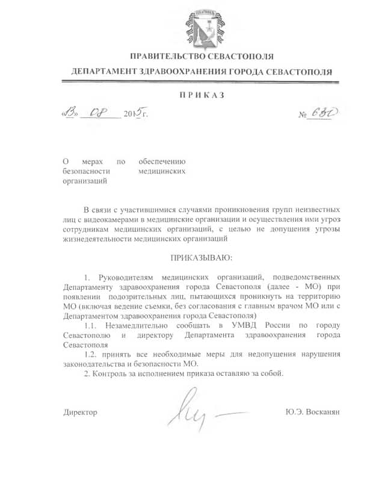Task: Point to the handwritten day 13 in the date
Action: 71,113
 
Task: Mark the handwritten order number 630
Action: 322,113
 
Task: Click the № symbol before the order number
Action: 303,114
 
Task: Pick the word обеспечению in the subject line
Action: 162,161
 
